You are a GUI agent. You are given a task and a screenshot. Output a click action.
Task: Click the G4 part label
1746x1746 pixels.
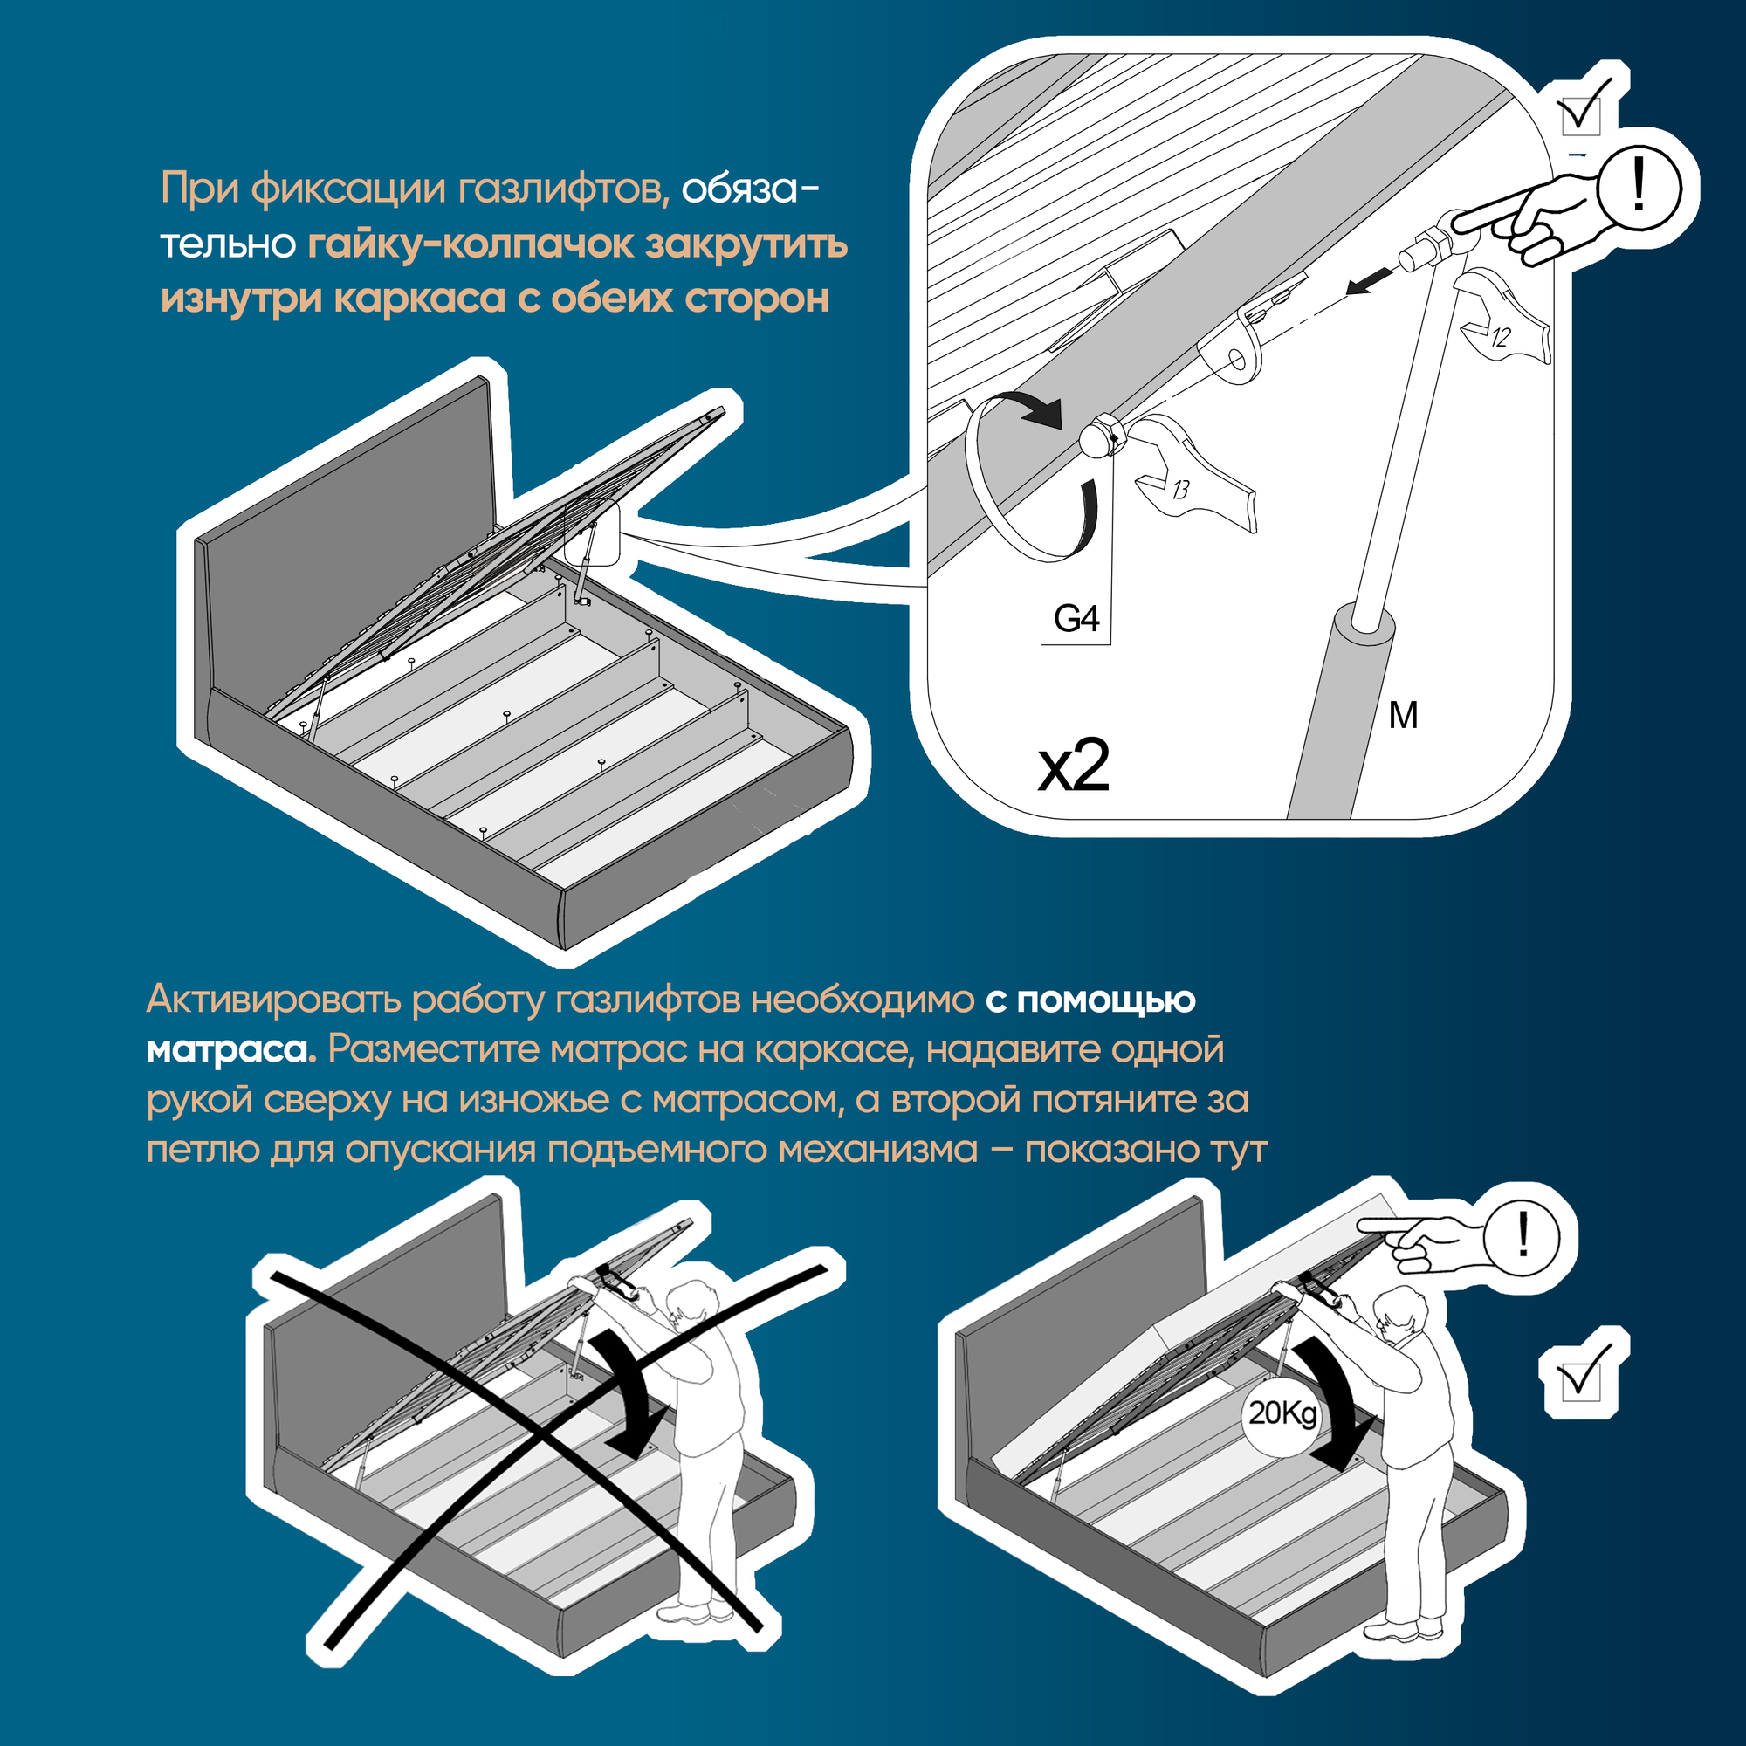1076,619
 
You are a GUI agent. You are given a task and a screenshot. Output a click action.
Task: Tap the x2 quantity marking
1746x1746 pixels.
1074,766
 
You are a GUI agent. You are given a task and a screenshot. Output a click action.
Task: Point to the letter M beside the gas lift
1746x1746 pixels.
1404,715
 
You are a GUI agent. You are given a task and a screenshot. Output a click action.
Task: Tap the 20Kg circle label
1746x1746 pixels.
1282,1413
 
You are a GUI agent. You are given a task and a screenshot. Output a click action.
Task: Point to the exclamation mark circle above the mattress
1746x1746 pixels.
1523,1234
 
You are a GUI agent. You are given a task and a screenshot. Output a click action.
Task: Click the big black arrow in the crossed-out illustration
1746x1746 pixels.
633,1392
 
